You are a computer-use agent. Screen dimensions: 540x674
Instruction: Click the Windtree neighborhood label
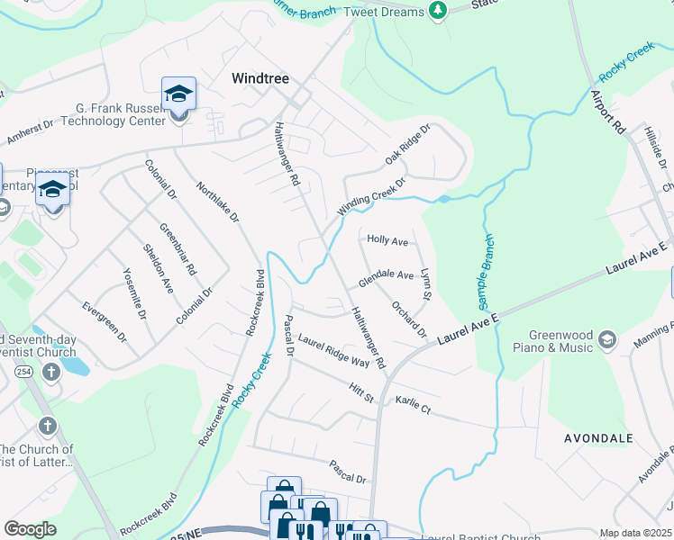260,78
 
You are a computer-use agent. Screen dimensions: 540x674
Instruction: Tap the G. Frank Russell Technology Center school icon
178,94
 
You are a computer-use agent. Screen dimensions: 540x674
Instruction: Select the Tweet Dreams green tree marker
438,11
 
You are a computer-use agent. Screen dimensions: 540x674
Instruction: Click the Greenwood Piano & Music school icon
607,338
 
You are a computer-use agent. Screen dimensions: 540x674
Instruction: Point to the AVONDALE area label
598,438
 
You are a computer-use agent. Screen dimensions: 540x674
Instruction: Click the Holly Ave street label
387,241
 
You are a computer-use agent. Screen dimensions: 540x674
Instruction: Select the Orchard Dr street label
409,319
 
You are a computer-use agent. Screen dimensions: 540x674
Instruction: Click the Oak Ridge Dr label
409,144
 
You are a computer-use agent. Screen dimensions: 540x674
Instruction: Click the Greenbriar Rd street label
178,248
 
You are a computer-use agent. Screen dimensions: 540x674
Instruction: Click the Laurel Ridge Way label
334,351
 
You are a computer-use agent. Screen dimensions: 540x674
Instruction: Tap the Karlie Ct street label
413,404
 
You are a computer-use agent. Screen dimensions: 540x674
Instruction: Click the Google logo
30,529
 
